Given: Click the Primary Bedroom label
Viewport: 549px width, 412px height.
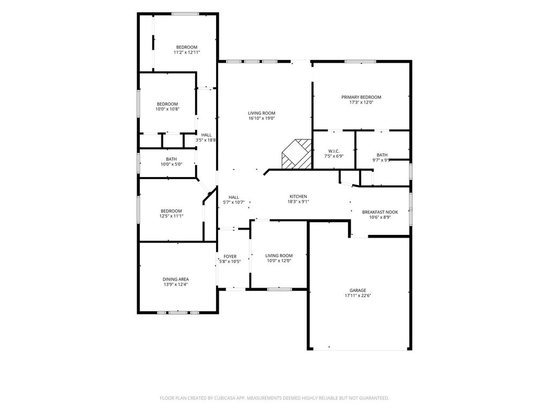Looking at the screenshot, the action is coord(361,97).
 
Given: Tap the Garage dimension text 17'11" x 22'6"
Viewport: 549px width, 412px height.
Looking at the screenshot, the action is coord(358,296).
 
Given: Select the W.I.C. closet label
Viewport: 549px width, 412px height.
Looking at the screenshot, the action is coord(333,151).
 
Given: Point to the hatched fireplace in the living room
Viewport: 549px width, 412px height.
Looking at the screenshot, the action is coord(296,154).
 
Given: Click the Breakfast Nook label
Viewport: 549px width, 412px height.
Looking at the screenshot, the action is coord(380,212).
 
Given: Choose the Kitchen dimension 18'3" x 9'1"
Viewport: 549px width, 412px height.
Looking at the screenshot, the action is coord(298,202).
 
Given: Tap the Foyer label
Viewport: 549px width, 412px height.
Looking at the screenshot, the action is coord(230,256).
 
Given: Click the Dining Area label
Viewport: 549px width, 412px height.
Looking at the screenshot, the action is coord(176,279).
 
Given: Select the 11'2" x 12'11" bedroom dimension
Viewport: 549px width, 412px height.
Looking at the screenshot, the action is coord(187,53).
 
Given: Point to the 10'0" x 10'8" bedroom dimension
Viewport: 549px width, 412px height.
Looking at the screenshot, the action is coord(167,109).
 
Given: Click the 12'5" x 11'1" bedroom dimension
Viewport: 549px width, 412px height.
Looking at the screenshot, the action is coord(171,216).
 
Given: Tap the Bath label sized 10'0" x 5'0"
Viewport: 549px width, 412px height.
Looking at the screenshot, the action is coord(171,159).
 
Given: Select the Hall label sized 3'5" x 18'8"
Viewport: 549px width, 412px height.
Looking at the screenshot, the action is coord(206,135).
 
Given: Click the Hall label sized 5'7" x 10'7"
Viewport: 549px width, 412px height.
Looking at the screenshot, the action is coord(234,197).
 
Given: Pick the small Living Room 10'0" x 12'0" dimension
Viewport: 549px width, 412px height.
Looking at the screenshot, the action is coord(279,261).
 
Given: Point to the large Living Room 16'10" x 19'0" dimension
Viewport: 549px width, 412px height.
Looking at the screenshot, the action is coord(262,119).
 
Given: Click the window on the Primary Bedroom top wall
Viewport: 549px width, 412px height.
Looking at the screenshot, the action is coord(360,62).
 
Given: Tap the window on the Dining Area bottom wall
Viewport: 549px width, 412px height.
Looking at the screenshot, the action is coord(178,312).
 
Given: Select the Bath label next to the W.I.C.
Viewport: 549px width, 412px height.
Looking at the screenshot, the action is coord(382,155).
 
